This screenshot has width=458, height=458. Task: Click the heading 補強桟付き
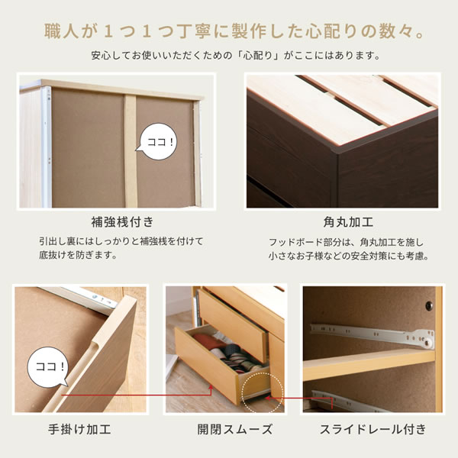[122, 222]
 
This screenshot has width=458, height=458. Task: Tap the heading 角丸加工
[348, 222]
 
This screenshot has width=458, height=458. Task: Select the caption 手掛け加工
[79, 429]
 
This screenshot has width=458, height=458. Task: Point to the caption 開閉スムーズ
[235, 429]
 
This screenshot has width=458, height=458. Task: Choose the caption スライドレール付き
[373, 429]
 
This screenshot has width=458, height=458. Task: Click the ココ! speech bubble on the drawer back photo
[158, 142]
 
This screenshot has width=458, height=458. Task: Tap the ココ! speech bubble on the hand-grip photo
[48, 367]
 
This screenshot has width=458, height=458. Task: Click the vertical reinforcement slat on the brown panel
[131, 151]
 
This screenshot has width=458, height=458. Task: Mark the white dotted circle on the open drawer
[262, 392]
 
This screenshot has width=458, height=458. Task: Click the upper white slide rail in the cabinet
[373, 335]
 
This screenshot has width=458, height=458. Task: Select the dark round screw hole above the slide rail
[429, 305]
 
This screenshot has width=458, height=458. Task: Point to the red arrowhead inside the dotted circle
[267, 398]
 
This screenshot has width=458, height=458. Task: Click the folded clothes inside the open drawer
[231, 352]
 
